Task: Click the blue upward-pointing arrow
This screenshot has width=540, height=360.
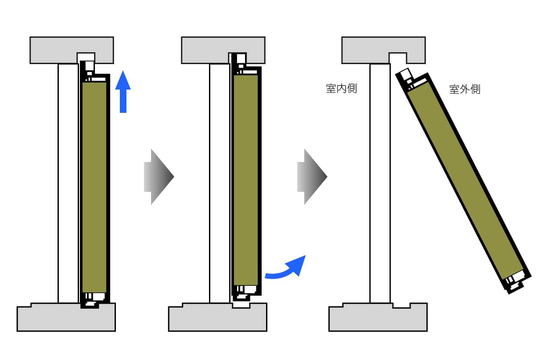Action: click(x=123, y=92)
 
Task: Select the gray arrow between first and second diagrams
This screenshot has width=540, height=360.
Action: click(x=159, y=177)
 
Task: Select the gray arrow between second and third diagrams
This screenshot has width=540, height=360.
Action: click(x=312, y=177)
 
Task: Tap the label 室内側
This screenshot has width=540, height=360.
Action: click(x=342, y=89)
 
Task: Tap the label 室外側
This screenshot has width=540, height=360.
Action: click(x=465, y=90)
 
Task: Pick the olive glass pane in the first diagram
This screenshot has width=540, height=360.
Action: click(x=94, y=187)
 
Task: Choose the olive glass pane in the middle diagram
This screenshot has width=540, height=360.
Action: click(x=246, y=180)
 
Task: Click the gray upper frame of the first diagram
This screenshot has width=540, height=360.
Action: click(x=53, y=50)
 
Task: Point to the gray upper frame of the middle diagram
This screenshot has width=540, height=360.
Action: click(x=205, y=50)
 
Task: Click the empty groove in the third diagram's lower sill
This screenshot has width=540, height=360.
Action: click(x=402, y=305)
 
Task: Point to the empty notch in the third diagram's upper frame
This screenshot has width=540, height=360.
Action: click(x=398, y=58)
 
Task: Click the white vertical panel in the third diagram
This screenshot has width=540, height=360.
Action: click(x=380, y=183)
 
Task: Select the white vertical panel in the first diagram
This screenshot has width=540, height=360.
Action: click(x=68, y=183)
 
